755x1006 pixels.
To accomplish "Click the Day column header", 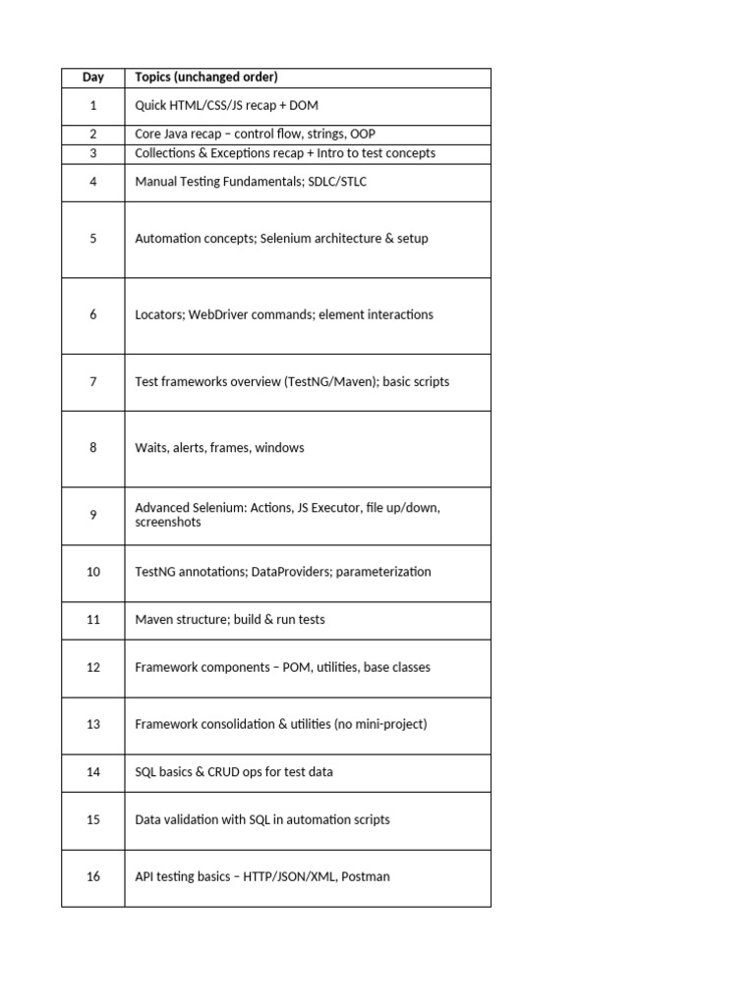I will point(93,78).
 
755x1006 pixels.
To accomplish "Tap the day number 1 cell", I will point(93,105).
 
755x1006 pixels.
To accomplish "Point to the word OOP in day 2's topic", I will point(362,135).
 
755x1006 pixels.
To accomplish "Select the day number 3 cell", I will point(93,153).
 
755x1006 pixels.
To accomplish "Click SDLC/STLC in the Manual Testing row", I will point(337,182).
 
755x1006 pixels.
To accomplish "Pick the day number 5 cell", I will point(93,239).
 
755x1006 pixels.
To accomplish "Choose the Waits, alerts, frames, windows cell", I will point(219,448).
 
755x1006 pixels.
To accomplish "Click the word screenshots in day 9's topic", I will point(168,523).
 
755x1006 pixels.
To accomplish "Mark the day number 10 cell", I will point(93,572).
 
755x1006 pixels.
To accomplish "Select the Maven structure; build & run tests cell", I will point(230,620).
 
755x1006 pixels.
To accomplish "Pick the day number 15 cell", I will point(93,819).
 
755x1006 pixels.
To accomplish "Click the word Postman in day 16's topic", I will point(365,876).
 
